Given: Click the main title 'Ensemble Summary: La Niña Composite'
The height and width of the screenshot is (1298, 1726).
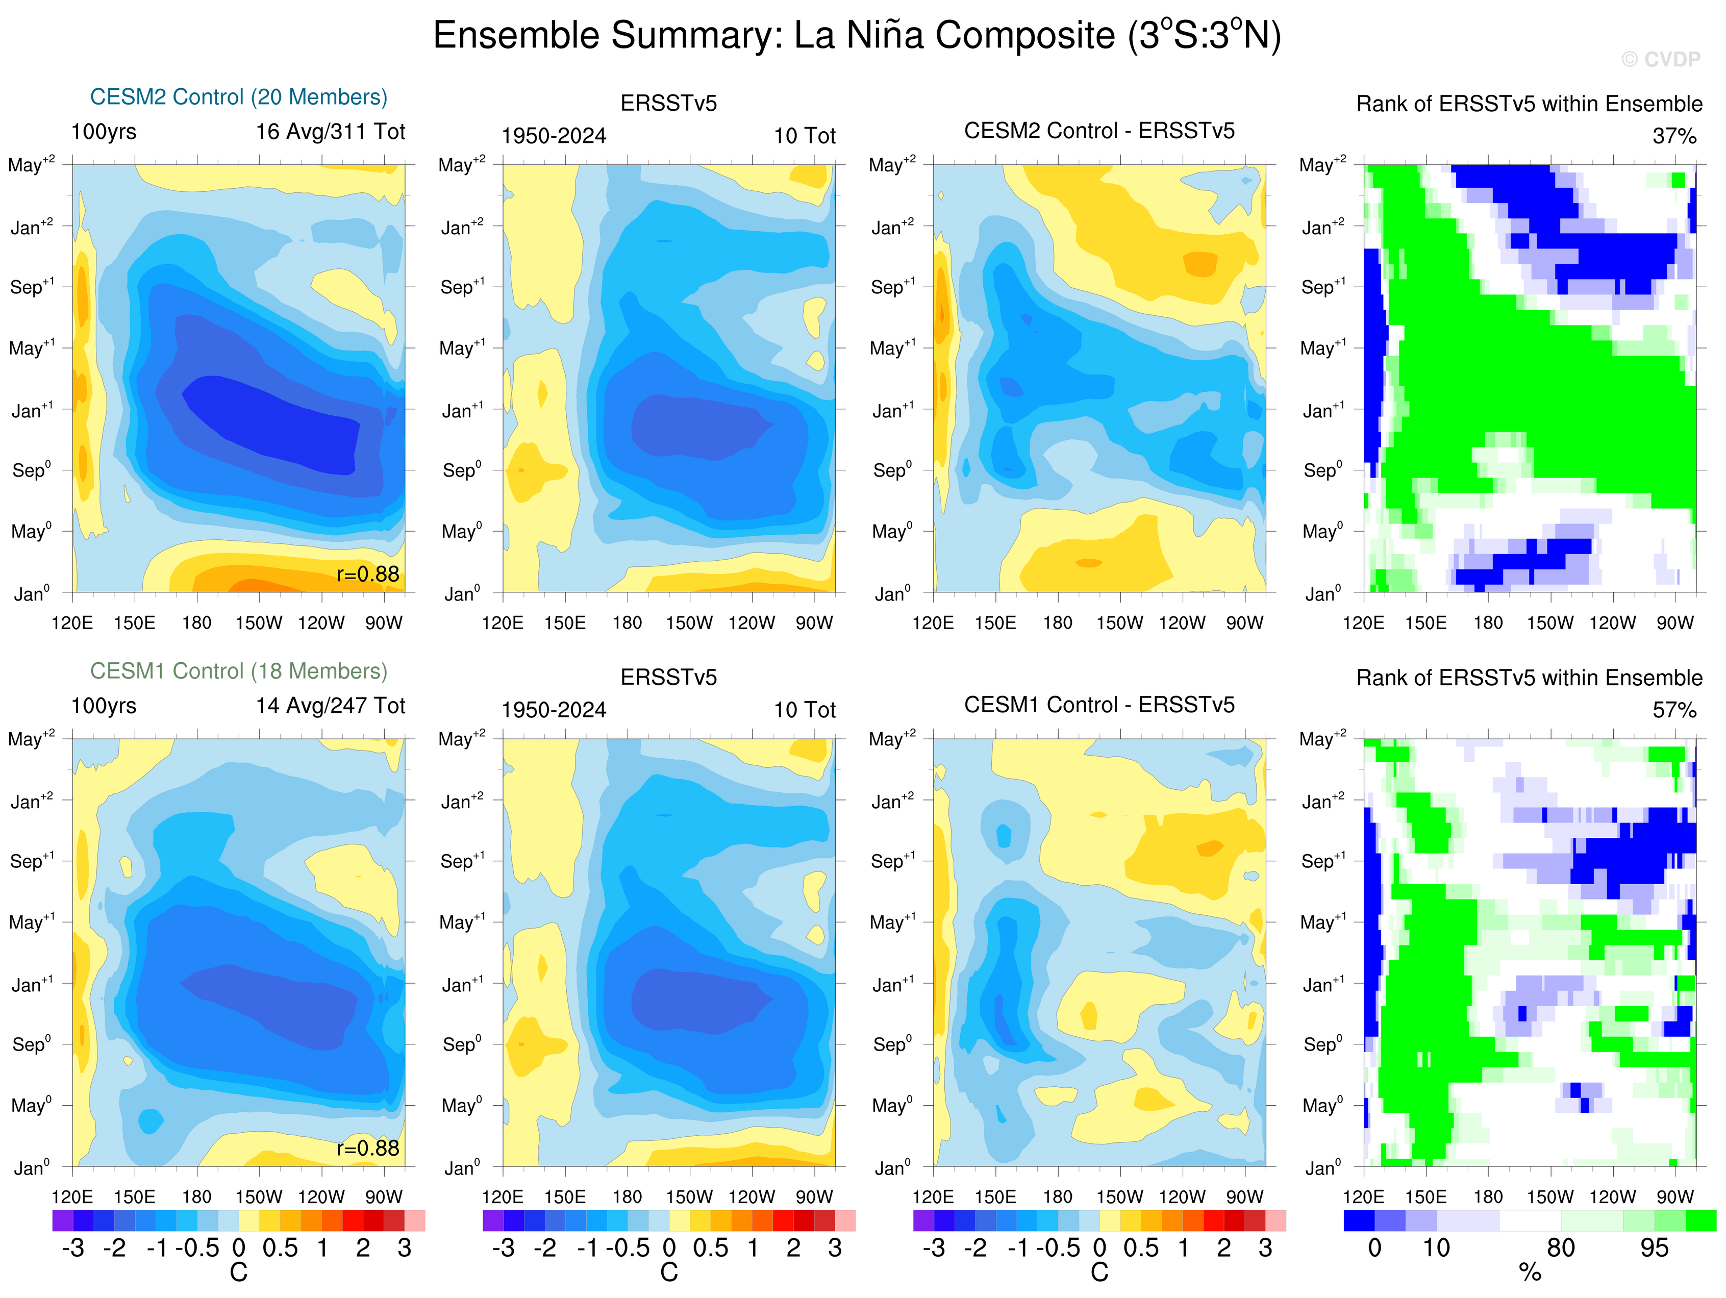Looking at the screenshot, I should click(857, 36).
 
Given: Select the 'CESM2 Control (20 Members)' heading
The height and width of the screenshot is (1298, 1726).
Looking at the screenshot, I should click(239, 97).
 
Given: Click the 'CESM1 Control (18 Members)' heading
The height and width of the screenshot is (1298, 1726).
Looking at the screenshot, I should click(239, 671).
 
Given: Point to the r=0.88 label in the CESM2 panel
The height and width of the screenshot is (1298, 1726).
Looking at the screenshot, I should click(367, 575).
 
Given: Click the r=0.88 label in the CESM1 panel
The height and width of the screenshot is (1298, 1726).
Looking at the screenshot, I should click(367, 1148).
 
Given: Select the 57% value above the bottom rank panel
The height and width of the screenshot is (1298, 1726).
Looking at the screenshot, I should click(1674, 710).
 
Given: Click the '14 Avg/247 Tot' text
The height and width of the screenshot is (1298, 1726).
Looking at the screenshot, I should click(330, 706).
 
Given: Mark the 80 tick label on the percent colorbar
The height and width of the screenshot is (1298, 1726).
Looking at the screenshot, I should click(1561, 1248).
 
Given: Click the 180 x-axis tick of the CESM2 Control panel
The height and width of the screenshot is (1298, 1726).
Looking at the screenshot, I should click(196, 623).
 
